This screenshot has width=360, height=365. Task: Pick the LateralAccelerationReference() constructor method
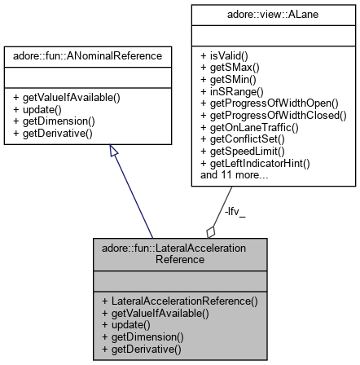179,301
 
